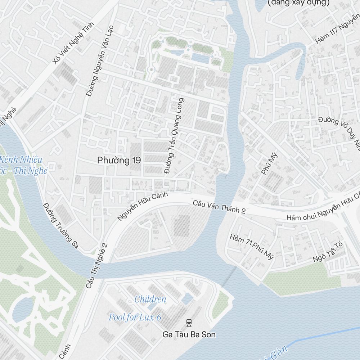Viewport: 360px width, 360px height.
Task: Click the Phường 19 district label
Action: (119, 160)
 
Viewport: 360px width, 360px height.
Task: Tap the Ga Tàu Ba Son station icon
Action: (189, 323)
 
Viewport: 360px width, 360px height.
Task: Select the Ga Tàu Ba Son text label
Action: (189, 334)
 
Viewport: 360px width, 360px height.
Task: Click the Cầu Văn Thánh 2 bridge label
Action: (219, 207)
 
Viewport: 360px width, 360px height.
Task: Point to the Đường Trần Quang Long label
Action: (175, 136)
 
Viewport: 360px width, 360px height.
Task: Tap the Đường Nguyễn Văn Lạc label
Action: (100, 60)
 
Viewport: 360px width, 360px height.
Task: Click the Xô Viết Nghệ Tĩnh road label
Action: (73, 43)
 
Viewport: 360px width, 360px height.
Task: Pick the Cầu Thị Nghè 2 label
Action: (96, 266)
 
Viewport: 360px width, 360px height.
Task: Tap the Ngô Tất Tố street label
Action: (328, 252)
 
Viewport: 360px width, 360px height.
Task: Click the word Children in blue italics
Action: (150, 299)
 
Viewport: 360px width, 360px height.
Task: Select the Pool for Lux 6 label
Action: (135, 317)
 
